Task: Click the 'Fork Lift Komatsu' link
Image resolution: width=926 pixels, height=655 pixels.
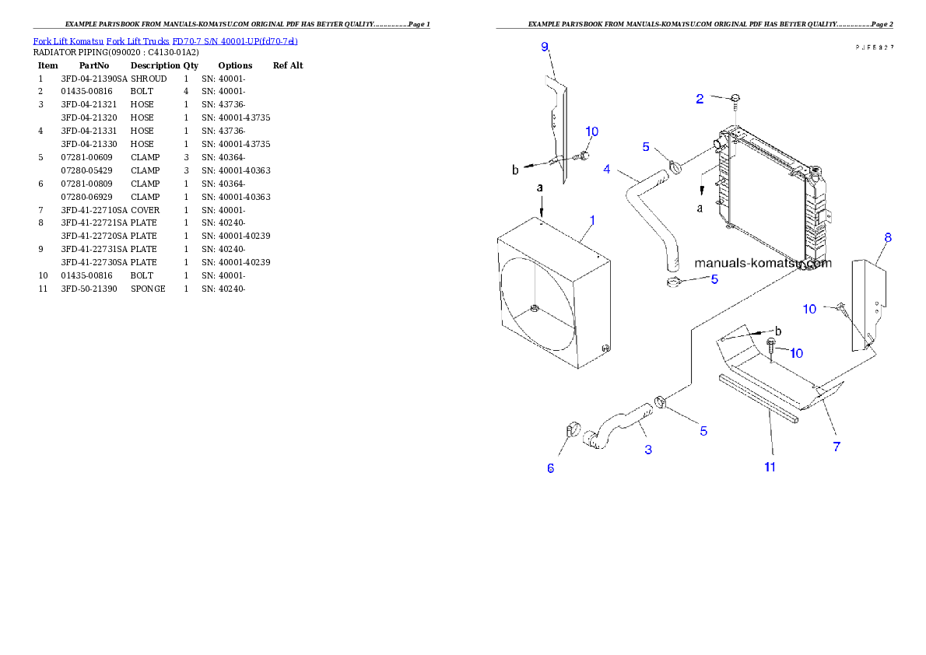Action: (x=68, y=41)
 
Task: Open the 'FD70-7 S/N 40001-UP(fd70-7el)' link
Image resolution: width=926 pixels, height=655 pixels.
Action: (x=235, y=41)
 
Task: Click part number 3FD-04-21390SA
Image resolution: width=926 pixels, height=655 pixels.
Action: (x=94, y=79)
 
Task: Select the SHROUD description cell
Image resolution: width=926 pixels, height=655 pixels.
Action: (x=148, y=79)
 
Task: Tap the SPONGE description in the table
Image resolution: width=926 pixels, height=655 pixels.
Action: (x=148, y=289)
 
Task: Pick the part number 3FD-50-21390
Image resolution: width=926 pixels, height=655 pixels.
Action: (x=89, y=289)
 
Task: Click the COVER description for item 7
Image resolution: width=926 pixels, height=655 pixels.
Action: (x=145, y=210)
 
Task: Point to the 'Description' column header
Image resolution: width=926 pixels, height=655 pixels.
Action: (x=155, y=65)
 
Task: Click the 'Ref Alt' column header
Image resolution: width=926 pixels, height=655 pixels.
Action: (x=288, y=65)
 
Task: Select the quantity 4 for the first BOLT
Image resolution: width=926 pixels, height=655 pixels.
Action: (x=186, y=92)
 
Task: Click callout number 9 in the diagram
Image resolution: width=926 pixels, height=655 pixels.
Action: (x=545, y=47)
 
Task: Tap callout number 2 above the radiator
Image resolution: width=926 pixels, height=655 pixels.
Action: (x=700, y=100)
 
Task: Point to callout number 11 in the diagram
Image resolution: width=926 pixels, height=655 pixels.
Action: (x=770, y=468)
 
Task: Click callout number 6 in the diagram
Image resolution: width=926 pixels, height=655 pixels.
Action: (x=550, y=468)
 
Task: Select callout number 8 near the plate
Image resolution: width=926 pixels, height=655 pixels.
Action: (x=888, y=238)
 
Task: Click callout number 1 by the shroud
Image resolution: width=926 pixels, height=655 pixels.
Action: (x=592, y=220)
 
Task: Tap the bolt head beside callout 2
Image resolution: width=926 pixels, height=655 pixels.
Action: (x=735, y=99)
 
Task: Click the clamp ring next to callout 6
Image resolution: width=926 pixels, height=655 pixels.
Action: (x=573, y=429)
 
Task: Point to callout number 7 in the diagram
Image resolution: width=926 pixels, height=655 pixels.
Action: (x=837, y=447)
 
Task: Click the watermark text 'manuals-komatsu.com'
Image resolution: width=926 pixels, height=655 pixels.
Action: (x=763, y=264)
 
